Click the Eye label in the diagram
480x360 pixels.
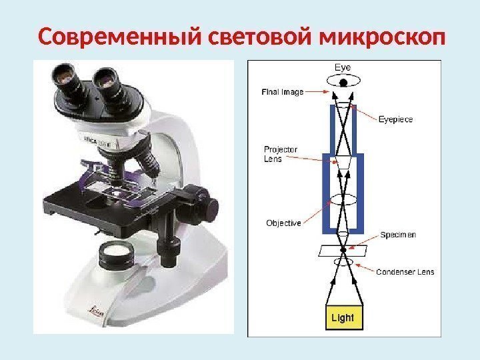click(343, 67)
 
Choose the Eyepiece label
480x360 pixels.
click(395, 119)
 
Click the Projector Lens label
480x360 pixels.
click(281, 154)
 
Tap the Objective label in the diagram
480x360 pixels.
click(283, 223)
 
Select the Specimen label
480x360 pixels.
click(398, 235)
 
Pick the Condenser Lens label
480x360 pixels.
click(405, 271)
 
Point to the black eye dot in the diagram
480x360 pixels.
click(343, 83)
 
